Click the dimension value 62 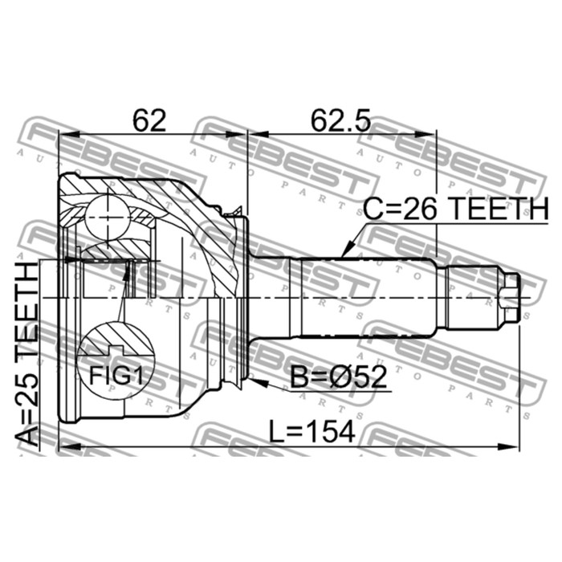click(x=149, y=120)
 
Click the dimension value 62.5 click(x=340, y=120)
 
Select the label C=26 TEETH click(x=455, y=209)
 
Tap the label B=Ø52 click(x=338, y=377)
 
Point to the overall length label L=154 click(x=312, y=431)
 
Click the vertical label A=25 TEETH click(x=27, y=354)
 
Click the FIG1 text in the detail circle click(x=116, y=375)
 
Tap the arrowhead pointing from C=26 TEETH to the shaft click(x=348, y=250)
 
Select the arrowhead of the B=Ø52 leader click(x=258, y=382)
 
